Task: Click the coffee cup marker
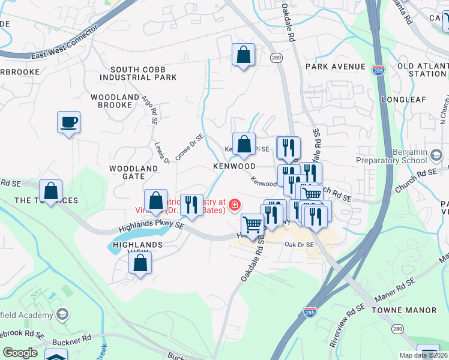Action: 68,122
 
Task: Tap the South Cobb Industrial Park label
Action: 139,73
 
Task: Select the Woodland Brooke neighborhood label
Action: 111,101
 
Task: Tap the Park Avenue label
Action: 335,66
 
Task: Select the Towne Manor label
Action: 403,310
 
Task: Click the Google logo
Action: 20,353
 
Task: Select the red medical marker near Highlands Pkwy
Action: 233,205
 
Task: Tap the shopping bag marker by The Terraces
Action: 52,191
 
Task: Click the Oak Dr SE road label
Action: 300,245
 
